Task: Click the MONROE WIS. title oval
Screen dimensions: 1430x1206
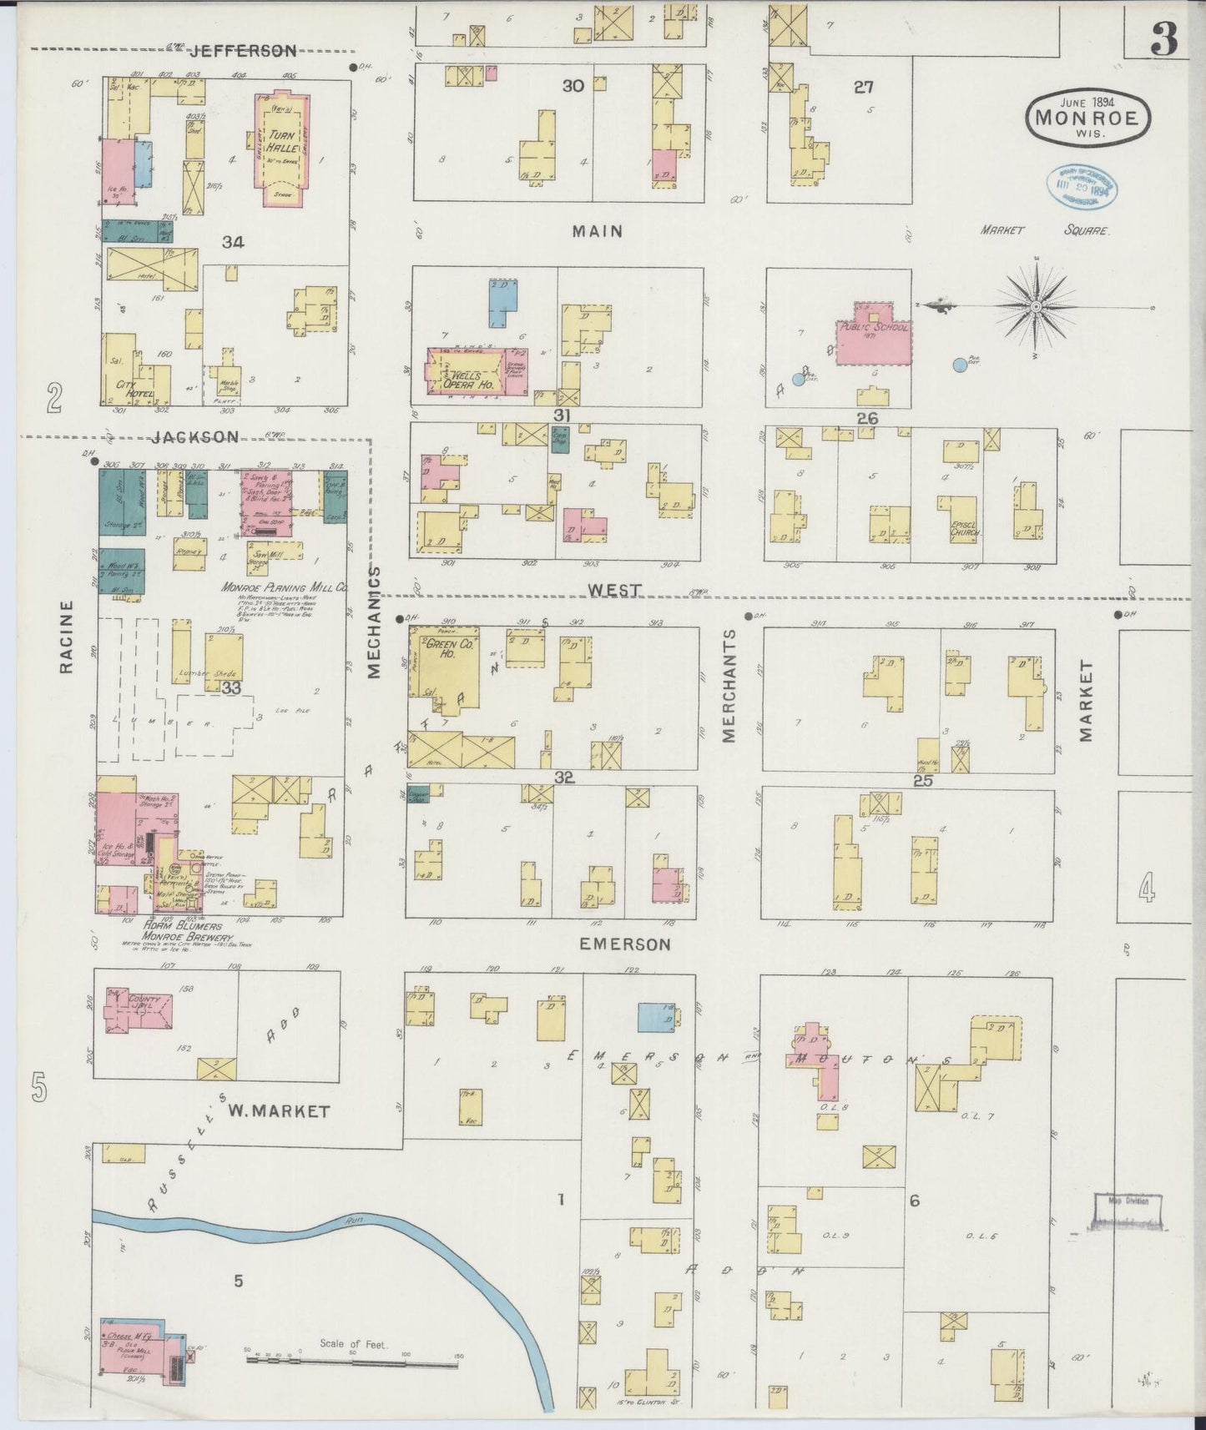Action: click(x=1087, y=118)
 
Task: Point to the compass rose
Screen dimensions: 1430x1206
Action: click(x=1035, y=307)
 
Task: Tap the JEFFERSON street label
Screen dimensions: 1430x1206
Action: click(x=243, y=51)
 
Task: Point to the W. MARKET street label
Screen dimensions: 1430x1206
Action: click(x=280, y=1111)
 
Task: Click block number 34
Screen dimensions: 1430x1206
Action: click(x=233, y=243)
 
